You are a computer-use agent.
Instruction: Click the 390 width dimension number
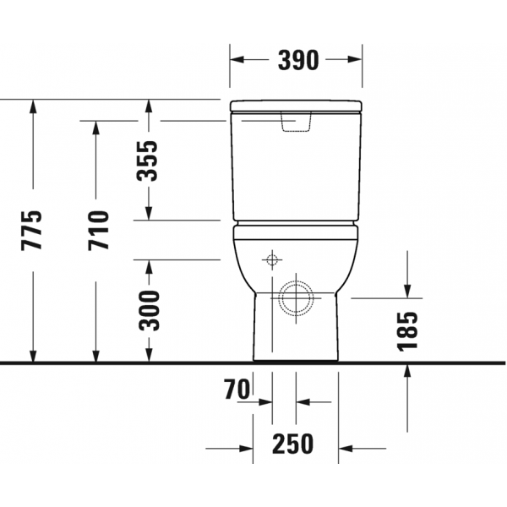298,60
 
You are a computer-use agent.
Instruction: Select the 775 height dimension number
31,230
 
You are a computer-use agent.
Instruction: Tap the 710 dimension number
98,230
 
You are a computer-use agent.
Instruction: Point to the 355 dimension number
147,161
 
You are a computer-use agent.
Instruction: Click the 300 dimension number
149,311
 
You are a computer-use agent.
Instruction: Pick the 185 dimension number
407,331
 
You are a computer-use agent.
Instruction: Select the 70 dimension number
237,390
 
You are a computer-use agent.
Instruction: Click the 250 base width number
292,444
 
